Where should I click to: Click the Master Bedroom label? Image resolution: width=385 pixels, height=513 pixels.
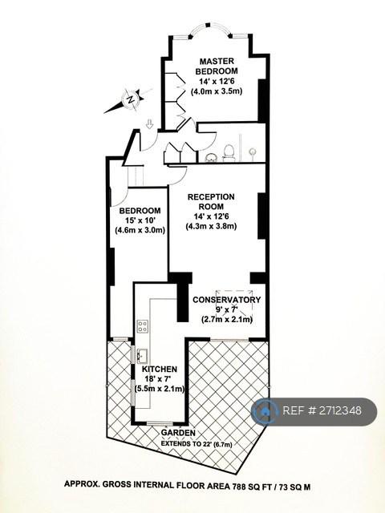[217, 66]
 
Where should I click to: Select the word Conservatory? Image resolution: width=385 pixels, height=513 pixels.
[227, 300]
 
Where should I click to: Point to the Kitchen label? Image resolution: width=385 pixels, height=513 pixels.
[160, 369]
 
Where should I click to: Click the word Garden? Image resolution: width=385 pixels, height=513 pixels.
[178, 433]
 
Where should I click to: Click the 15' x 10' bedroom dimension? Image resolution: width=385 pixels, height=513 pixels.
[140, 220]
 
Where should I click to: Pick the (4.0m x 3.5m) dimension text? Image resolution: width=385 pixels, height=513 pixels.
[217, 91]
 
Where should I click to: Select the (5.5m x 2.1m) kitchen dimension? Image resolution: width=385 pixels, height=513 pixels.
[160, 389]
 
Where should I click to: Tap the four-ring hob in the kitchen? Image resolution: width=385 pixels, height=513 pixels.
[143, 326]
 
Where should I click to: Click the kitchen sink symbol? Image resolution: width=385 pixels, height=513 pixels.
[143, 356]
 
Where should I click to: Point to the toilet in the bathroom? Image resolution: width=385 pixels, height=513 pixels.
[229, 153]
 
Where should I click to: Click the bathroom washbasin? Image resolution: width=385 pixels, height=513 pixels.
[211, 158]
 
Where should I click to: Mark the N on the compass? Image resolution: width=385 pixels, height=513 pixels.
[131, 99]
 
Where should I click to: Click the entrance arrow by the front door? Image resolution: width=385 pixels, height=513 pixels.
[150, 124]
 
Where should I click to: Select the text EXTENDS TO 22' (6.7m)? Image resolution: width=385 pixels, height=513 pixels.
[196, 444]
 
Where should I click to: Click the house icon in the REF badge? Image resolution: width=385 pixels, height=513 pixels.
[265, 411]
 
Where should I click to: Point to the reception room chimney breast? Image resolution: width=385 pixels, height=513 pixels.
[262, 216]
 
